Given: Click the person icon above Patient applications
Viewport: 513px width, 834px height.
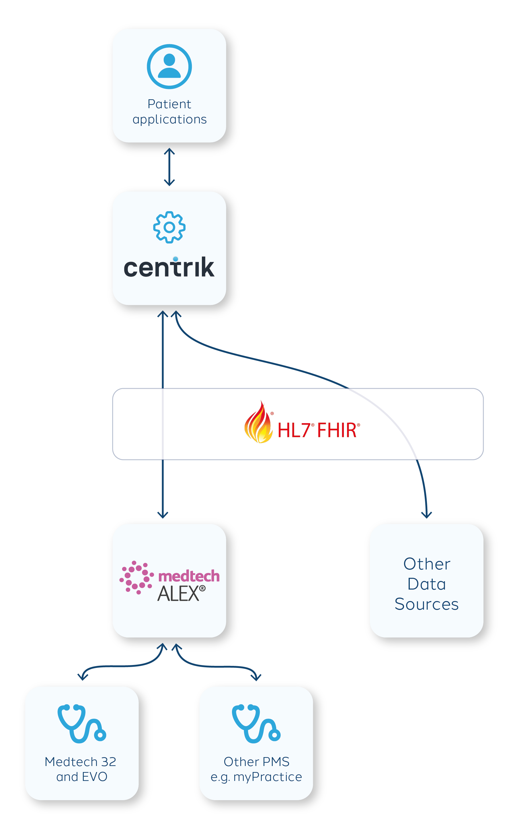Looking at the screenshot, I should click(x=169, y=67).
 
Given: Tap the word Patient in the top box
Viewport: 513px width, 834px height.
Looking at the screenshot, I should click(x=169, y=104).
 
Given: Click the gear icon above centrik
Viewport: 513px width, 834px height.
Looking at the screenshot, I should click(x=169, y=227).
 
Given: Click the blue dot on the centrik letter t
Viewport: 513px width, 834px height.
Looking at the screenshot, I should click(x=175, y=259).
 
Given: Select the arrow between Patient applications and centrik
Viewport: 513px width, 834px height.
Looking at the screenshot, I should click(x=169, y=167).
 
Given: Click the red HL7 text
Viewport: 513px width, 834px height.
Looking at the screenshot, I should click(x=294, y=430).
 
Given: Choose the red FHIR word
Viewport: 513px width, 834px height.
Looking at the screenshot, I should click(x=337, y=430).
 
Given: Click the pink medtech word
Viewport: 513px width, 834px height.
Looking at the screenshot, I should click(x=189, y=576).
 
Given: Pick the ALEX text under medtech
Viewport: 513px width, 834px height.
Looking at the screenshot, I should click(x=178, y=594).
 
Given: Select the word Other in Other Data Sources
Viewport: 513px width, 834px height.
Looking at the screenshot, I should click(x=426, y=564).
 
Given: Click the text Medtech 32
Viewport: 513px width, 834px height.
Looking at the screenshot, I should click(x=80, y=762).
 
